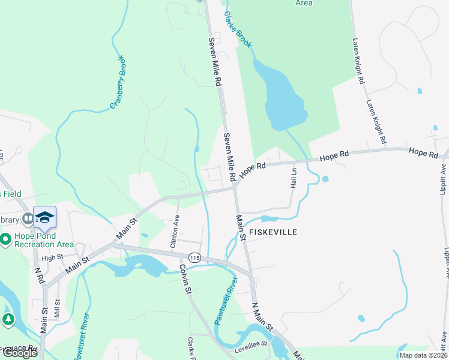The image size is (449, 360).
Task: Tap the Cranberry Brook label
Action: tap(119, 91)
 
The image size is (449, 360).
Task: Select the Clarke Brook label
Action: tap(238, 29)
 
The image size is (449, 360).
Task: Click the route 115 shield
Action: tap(194, 257)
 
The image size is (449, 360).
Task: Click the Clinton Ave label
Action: tap(175, 232)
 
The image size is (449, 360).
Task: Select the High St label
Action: tap(53, 257)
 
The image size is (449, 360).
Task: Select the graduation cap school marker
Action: tap(44, 217)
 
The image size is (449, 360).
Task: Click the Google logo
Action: tap(20, 353)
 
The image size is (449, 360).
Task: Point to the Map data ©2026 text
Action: tap(423, 355)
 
